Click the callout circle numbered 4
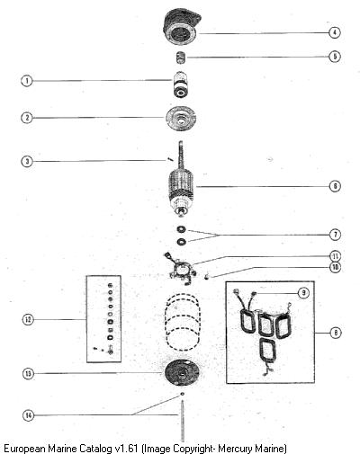click(335, 32)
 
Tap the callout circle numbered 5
click(335, 57)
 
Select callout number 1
click(27, 81)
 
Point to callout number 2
click(27, 118)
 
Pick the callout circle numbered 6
click(335, 186)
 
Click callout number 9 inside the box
click(303, 293)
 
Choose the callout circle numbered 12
click(28, 319)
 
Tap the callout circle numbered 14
click(28, 415)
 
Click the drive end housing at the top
click(181, 26)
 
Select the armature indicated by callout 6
click(181, 178)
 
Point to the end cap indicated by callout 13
click(182, 372)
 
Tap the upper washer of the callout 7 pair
click(181, 229)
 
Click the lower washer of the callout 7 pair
click(181, 242)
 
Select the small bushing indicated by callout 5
click(181, 58)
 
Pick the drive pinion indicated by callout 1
click(180, 85)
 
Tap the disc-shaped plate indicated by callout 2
click(181, 119)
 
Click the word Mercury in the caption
click(235, 449)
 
